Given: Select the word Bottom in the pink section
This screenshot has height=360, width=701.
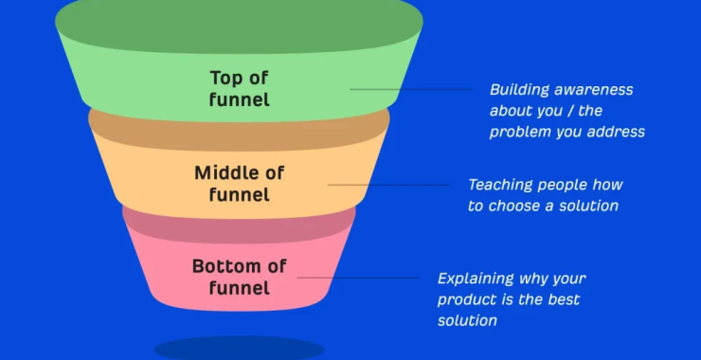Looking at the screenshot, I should (x=225, y=266).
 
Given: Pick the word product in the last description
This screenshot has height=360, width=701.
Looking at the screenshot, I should (x=465, y=299).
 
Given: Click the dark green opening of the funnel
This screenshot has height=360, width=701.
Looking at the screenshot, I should (x=239, y=21).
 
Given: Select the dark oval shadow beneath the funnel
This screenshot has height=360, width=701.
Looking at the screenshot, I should (x=239, y=349).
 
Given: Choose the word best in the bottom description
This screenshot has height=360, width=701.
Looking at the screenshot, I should (x=563, y=299).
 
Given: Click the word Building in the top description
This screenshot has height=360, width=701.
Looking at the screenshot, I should (x=519, y=90).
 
